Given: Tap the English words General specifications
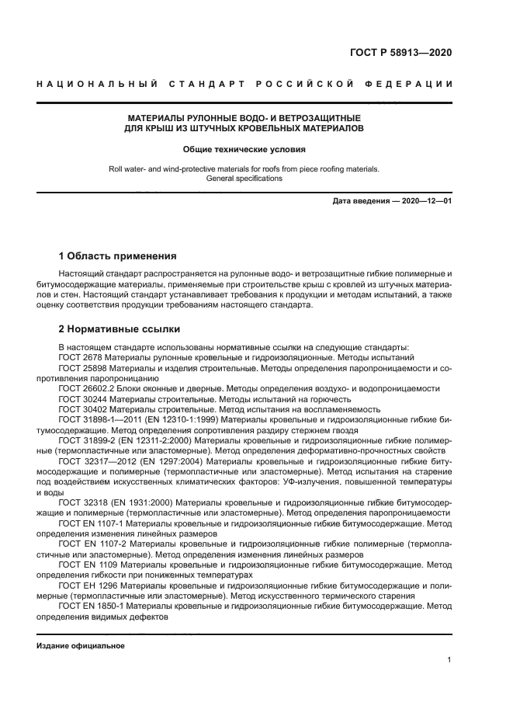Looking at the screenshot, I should pos(244,179).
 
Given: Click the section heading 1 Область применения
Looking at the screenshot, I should pos(118,256).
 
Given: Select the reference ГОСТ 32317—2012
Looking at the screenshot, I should pos(99,461).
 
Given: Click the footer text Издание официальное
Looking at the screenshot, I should pos(81,646).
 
